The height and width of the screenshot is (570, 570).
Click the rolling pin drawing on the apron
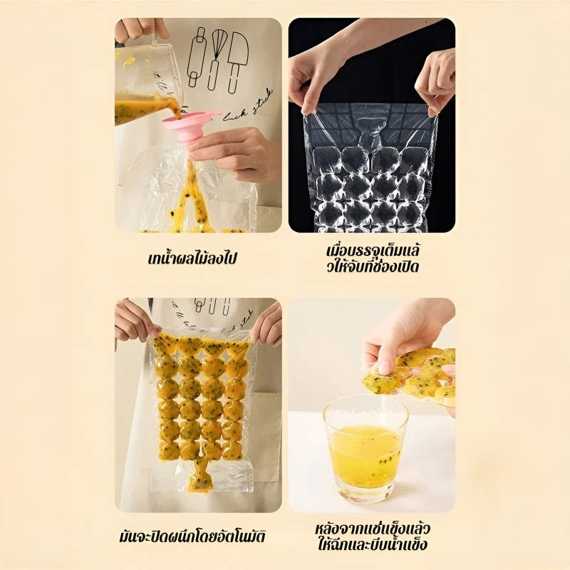(197, 58)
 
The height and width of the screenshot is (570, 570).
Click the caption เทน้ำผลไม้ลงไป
(192, 259)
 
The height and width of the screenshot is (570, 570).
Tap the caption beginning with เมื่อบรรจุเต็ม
(373, 259)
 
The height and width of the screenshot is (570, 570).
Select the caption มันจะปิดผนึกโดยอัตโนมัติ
(192, 537)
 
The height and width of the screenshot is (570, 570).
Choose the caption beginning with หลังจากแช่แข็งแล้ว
(372, 537)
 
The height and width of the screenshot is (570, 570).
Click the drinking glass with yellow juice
(365, 449)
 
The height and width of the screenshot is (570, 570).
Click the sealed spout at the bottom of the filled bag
(199, 477)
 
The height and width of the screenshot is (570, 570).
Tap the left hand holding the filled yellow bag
(135, 322)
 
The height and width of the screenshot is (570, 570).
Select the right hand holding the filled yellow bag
(267, 324)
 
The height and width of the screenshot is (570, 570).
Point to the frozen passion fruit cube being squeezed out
(378, 382)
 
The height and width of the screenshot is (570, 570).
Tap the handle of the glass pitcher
(156, 39)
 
